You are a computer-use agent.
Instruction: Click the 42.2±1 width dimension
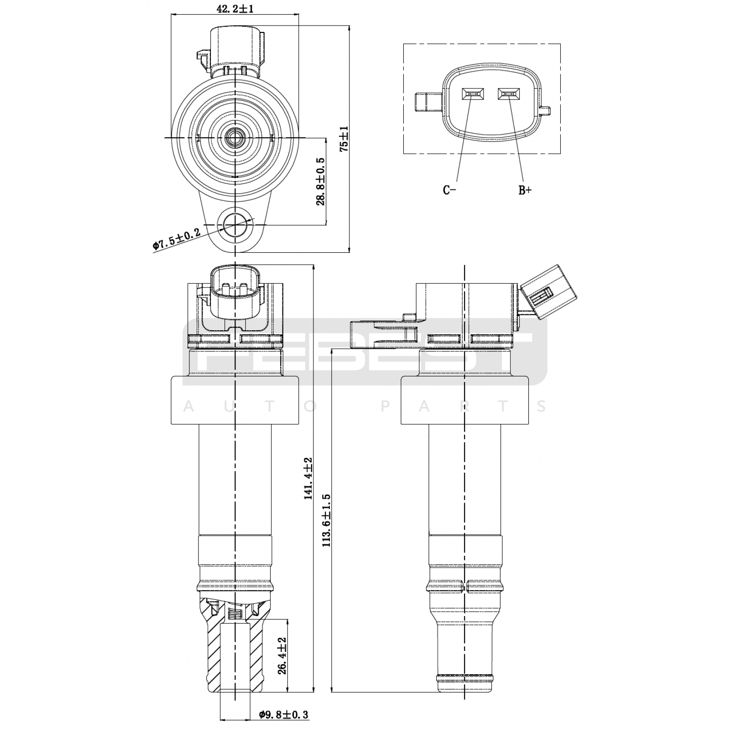pyautogui.click(x=235, y=9)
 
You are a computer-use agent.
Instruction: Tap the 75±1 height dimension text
pyautogui.click(x=344, y=139)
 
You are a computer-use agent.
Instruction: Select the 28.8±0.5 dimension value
pyautogui.click(x=320, y=181)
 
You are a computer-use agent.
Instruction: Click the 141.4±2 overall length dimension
pyautogui.click(x=308, y=478)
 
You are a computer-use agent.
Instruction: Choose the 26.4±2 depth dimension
pyautogui.click(x=282, y=656)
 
